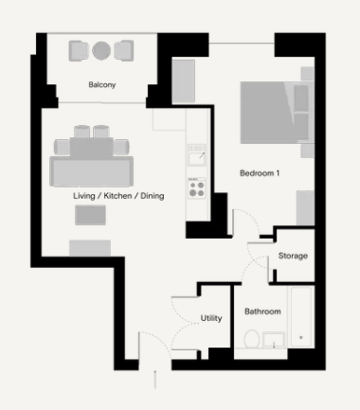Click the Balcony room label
pyautogui.click(x=102, y=85)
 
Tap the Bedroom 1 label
pyautogui.click(x=260, y=173)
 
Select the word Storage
pyautogui.click(x=293, y=256)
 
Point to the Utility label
pyautogui.click(x=211, y=318)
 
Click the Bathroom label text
pyautogui.click(x=262, y=312)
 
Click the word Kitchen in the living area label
pyautogui.click(x=117, y=196)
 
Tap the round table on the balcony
pyautogui.click(x=101, y=50)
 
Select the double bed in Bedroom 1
pyautogui.click(x=274, y=113)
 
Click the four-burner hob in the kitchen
pyautogui.click(x=197, y=188)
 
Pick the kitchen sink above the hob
pyautogui.click(x=197, y=154)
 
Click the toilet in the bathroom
pyautogui.click(x=252, y=339)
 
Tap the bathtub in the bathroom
pyautogui.click(x=301, y=316)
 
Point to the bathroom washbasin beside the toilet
pyautogui.click(x=274, y=340)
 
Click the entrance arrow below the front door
pyautogui.click(x=155, y=379)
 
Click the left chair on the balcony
pyautogui.click(x=79, y=50)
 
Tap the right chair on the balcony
pyautogui.click(x=124, y=50)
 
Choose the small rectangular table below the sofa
pyautogui.click(x=90, y=215)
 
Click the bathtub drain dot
pyautogui.click(x=301, y=337)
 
